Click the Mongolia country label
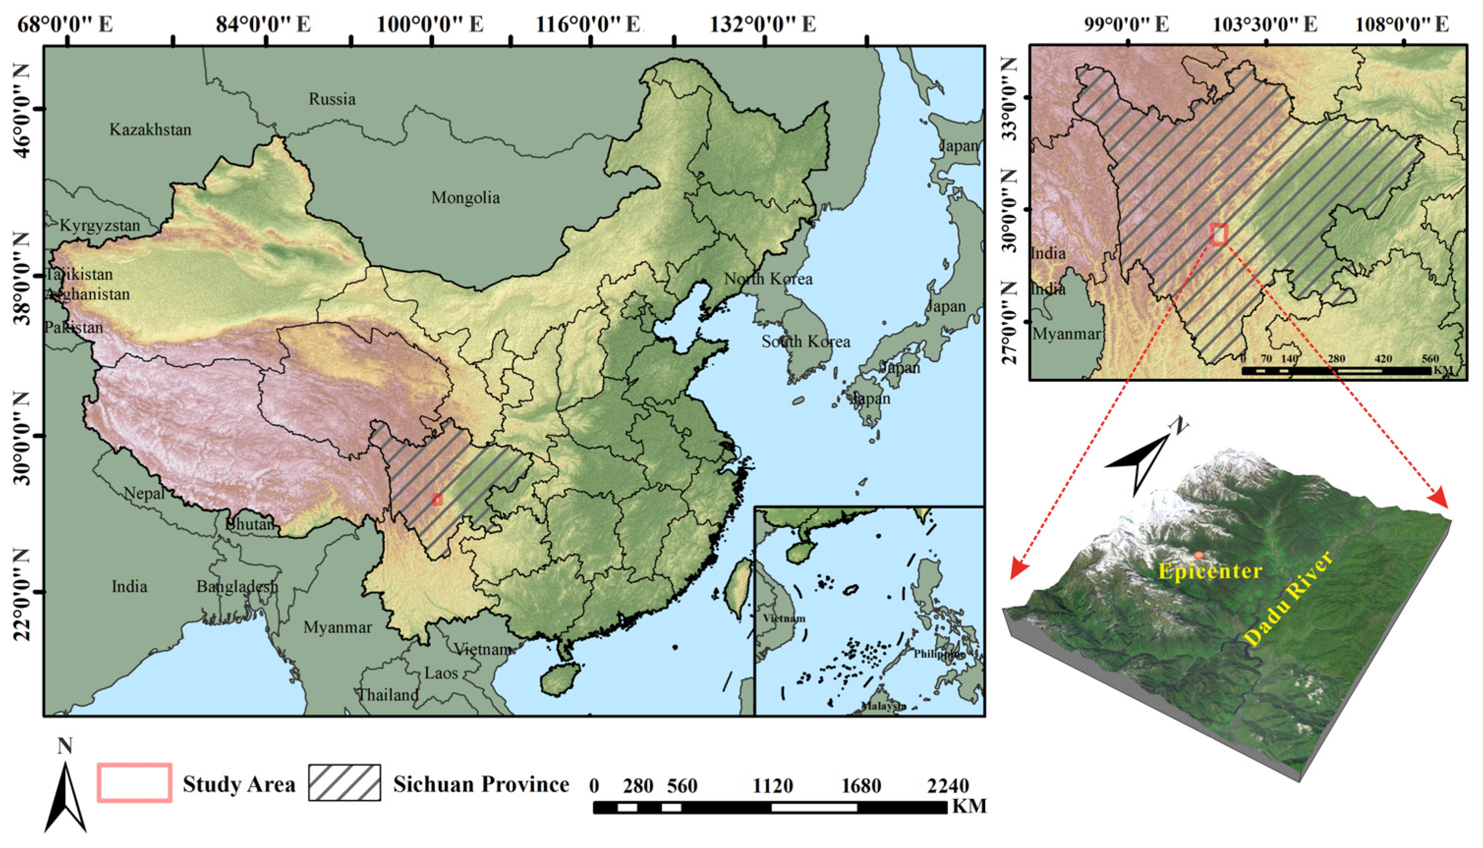(x=465, y=198)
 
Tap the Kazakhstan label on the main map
(x=150, y=129)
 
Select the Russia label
(x=332, y=99)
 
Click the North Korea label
(x=768, y=279)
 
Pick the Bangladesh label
(x=237, y=586)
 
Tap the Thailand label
(x=387, y=695)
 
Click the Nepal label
(x=144, y=494)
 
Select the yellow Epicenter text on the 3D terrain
(x=1210, y=571)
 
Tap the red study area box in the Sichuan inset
(x=1218, y=234)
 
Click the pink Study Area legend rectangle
(x=135, y=783)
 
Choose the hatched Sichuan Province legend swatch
(x=344, y=783)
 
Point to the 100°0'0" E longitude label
(x=430, y=25)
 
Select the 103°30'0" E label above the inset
(x=1265, y=25)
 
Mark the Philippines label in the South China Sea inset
(x=939, y=654)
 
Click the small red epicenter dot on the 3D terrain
(x=1198, y=556)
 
